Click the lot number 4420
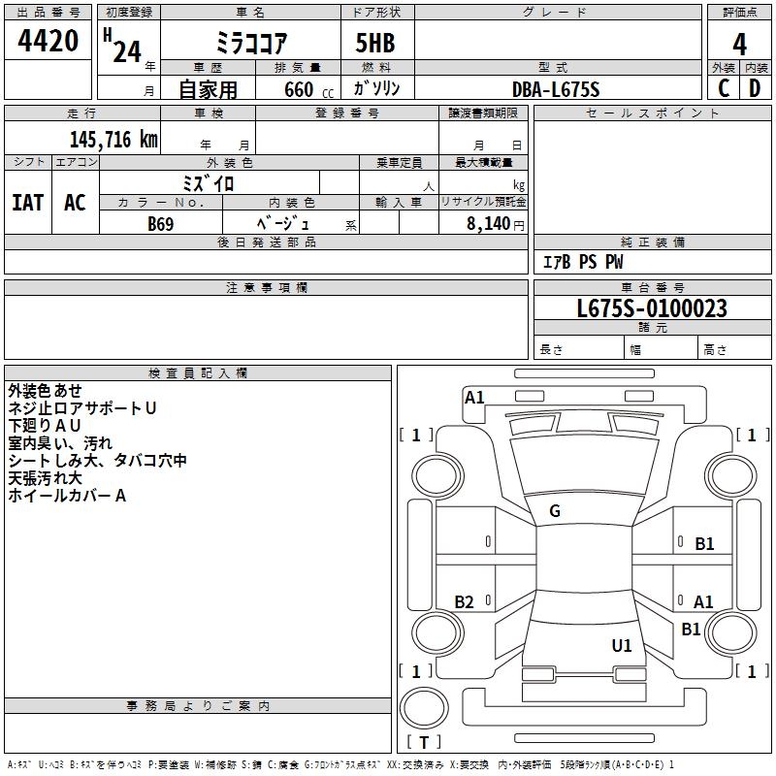coord(48,41)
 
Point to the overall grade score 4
coord(740,45)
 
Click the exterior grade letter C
coord(724,87)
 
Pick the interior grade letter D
coord(756,87)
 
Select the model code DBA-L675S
coord(556,89)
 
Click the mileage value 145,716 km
coord(113,140)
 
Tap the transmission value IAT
coord(28,202)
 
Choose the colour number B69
coord(161,223)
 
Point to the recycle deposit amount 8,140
coord(490,223)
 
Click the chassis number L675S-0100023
coord(651,309)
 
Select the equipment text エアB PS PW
coord(582,262)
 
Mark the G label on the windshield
coord(555,511)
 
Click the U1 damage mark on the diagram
coord(622,645)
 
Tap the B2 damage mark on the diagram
coord(465,602)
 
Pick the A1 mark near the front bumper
coord(474,398)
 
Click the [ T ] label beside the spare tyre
coord(423,742)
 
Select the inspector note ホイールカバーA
coord(67,496)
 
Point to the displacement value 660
coord(298,89)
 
